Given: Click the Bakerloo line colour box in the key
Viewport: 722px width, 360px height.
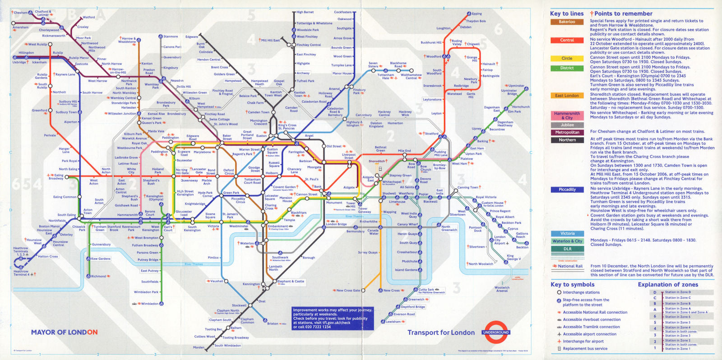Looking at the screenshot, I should [x=567, y=22].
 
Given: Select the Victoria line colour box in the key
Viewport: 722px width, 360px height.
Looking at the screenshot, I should [x=567, y=234].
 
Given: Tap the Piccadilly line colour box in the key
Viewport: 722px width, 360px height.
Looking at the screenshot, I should [x=567, y=189].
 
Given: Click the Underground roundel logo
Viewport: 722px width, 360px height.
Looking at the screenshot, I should [x=495, y=332].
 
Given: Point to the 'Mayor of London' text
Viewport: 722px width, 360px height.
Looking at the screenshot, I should [x=64, y=332].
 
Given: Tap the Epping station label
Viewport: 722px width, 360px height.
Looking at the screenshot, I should [x=477, y=14].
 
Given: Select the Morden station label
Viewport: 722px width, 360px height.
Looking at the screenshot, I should [x=199, y=347].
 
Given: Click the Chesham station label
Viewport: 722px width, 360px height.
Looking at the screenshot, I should [x=20, y=13].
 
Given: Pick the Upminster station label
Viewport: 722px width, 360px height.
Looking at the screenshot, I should [x=516, y=86].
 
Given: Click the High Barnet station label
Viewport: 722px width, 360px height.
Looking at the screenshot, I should [x=305, y=12].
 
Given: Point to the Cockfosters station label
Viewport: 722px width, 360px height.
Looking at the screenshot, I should [x=342, y=12].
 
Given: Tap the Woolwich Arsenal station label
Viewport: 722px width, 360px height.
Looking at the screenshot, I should [x=502, y=289].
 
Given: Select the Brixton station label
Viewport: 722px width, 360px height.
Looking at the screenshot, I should [x=273, y=323].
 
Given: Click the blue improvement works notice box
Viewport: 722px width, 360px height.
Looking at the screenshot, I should [x=332, y=318].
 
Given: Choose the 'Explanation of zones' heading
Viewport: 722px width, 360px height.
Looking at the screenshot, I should [x=667, y=284].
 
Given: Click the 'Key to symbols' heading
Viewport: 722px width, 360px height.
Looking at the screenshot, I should [x=572, y=284].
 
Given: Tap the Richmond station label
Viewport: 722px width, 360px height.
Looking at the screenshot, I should [x=98, y=276].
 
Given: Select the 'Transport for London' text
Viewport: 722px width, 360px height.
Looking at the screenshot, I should [x=441, y=332].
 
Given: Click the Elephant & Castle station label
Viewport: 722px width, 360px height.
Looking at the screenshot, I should [x=291, y=281].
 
